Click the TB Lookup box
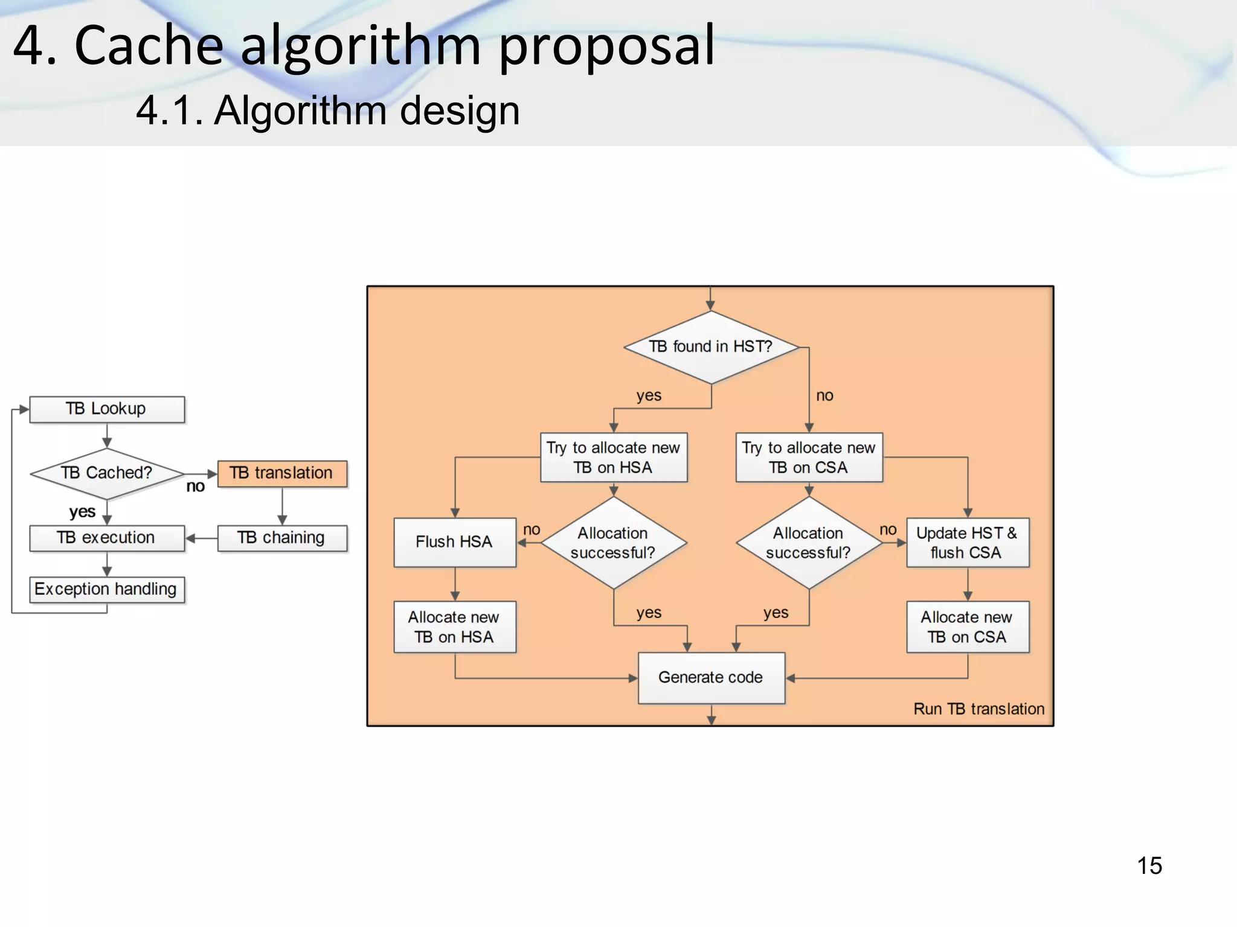[107, 409]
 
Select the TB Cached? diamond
[107, 473]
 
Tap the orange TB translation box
[282, 473]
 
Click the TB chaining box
[282, 538]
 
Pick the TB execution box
[107, 538]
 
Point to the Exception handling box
[107, 589]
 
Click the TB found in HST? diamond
[711, 347]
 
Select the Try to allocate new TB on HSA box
[614, 457]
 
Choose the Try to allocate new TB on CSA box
[809, 457]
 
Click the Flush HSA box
[455, 542]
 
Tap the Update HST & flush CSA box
[968, 543]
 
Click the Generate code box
[711, 678]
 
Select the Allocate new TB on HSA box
[455, 627]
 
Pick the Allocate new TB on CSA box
[968, 627]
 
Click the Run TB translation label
[978, 709]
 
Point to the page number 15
[1149, 865]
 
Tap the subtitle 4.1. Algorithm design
[328, 110]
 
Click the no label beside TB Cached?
[195, 486]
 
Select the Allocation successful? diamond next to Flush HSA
[614, 543]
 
